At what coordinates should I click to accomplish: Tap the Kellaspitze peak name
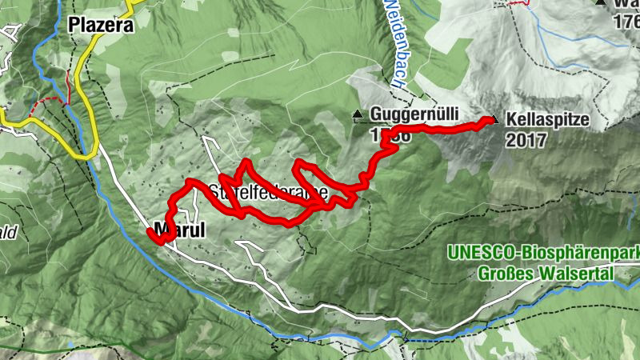tap(547, 119)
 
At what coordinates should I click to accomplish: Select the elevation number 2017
tap(526, 140)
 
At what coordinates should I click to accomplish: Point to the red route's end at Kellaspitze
tap(488, 121)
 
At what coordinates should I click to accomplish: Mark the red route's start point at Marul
tap(149, 232)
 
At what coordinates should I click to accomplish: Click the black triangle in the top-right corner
tap(600, 2)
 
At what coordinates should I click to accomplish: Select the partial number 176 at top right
tap(626, 22)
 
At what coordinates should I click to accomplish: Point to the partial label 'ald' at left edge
tap(8, 233)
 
